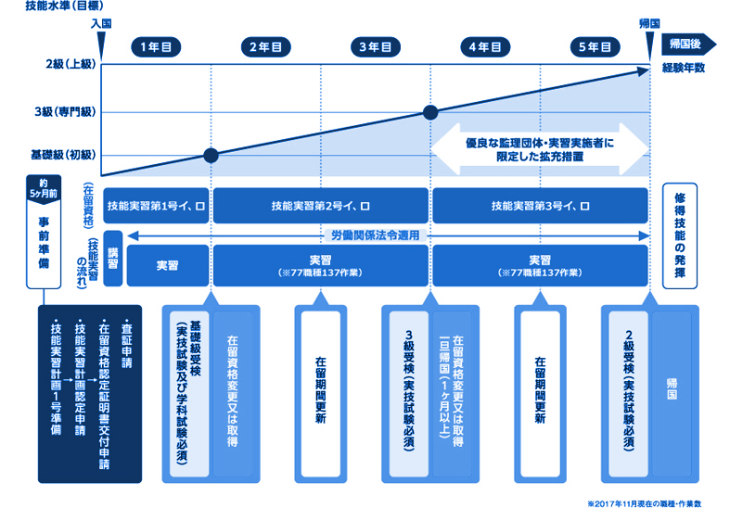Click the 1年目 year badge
(x=156, y=47)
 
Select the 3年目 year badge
(x=376, y=47)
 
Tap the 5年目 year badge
(x=595, y=47)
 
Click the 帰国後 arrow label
(x=688, y=44)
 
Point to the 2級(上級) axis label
(x=70, y=64)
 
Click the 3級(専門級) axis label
(x=65, y=112)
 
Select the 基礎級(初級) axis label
(x=63, y=155)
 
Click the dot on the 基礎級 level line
(x=211, y=156)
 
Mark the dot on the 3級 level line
(x=430, y=112)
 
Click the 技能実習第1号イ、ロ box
(x=156, y=206)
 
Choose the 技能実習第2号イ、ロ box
(x=321, y=206)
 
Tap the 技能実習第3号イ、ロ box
(x=541, y=206)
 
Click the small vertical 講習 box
(x=112, y=259)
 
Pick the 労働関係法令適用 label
(x=376, y=235)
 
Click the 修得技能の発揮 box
(x=680, y=235)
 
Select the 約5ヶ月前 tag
(x=44, y=189)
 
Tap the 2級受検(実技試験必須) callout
(x=629, y=391)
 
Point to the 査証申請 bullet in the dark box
(x=126, y=344)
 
